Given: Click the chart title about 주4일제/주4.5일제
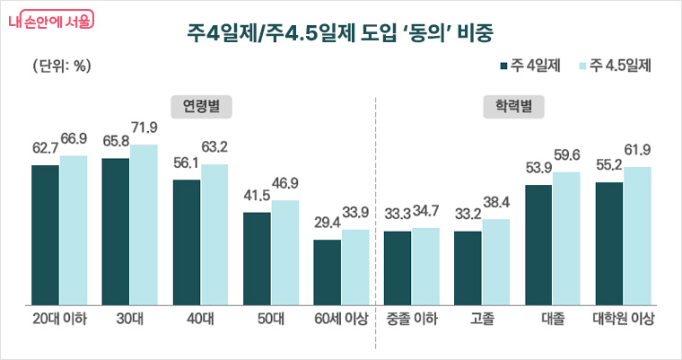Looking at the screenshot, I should pos(340,33).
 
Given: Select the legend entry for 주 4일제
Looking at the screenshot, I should pos(529,66).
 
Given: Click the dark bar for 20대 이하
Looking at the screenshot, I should pos(45,233).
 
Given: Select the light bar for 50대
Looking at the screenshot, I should pos(284,250).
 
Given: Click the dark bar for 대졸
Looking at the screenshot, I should pos(538,242).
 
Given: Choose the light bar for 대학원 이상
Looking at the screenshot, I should pos(637,233).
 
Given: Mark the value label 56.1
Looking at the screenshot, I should pos(187,162).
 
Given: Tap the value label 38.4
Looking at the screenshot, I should pos(496,202).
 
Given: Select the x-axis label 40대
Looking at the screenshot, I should pos(200,320).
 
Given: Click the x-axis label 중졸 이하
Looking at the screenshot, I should pos(411,320).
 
